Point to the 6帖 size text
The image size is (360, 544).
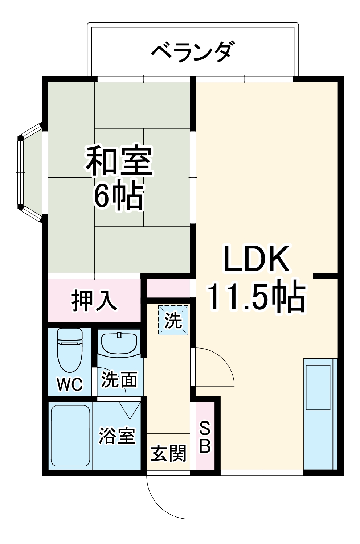click(118, 196)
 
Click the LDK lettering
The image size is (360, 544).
click(257, 259)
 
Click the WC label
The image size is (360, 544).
click(70, 384)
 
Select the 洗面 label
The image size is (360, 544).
click(119, 380)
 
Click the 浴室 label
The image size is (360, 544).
click(117, 436)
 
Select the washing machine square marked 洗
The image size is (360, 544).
click(173, 320)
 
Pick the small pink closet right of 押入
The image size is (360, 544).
click(168, 287)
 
